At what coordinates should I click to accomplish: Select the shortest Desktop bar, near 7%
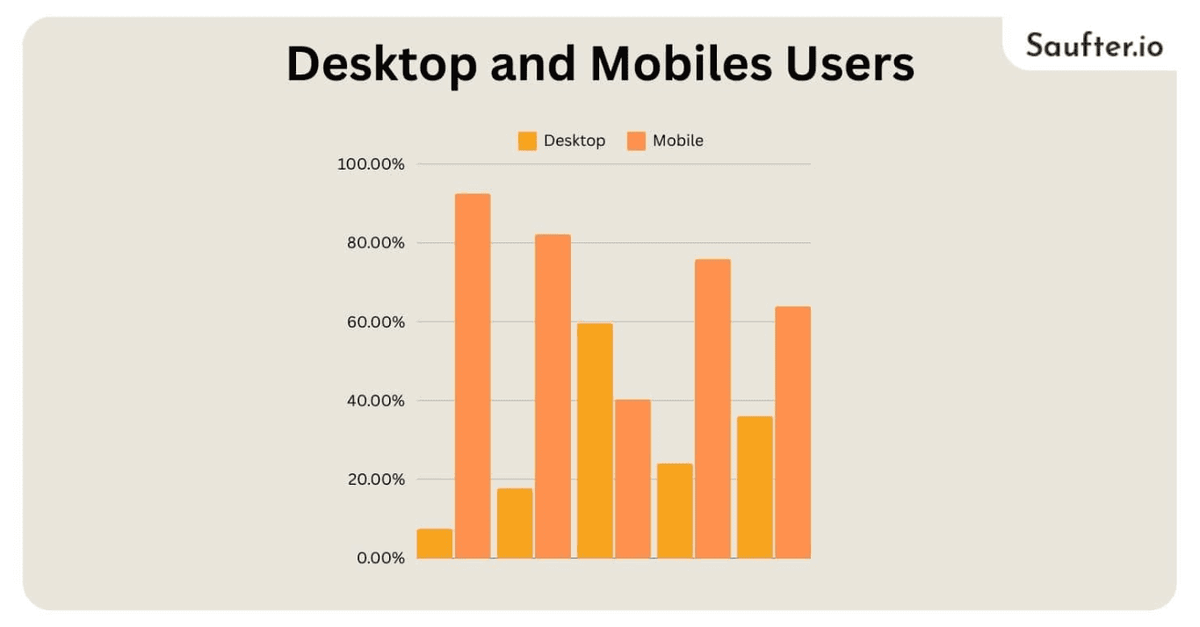[x=435, y=544]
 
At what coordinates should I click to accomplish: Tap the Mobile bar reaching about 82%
[x=553, y=396]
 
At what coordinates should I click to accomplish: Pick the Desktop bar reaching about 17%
[x=515, y=523]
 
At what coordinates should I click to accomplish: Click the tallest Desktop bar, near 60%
[x=595, y=441]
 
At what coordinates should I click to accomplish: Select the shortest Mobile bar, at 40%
[x=633, y=479]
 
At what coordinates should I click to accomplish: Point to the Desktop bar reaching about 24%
[x=675, y=511]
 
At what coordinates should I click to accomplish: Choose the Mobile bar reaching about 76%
[x=712, y=408]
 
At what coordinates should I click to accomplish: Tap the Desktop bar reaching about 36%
[x=755, y=487]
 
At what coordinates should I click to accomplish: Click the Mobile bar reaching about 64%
[x=792, y=432]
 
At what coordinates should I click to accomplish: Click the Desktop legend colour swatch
[x=527, y=141]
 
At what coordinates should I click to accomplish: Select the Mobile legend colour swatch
[x=636, y=141]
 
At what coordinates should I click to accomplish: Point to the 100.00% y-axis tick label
[x=371, y=164]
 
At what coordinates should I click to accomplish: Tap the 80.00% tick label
[x=375, y=243]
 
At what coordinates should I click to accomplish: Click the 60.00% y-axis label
[x=375, y=322]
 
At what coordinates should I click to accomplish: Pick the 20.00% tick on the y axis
[x=375, y=479]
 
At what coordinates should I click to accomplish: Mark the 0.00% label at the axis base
[x=380, y=559]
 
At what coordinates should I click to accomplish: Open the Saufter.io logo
[x=1094, y=44]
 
